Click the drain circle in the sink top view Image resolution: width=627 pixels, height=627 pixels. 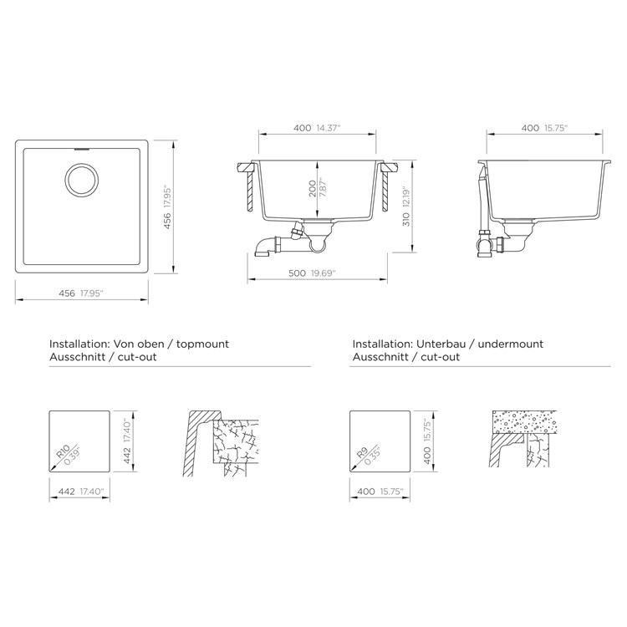click(x=82, y=180)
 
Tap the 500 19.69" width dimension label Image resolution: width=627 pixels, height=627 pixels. click(x=312, y=273)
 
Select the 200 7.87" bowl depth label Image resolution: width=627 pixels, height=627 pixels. click(x=318, y=188)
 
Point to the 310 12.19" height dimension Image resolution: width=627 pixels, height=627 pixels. click(x=406, y=206)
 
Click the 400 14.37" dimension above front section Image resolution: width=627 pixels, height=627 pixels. click(x=317, y=128)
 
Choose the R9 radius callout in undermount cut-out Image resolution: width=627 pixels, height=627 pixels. click(x=368, y=455)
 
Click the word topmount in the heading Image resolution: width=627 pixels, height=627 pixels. click(x=202, y=344)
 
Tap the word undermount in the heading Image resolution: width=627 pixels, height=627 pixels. click(x=511, y=344)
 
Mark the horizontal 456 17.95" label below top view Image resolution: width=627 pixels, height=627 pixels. click(x=81, y=293)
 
